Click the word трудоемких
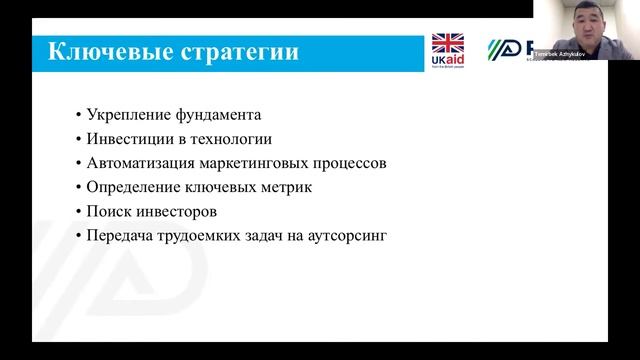pos(203,236)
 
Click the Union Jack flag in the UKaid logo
pos(447,44)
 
